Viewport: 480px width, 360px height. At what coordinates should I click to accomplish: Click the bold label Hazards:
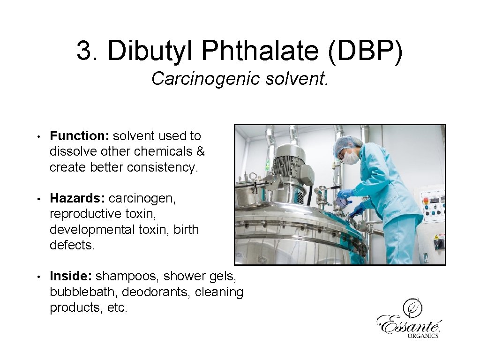coord(77,198)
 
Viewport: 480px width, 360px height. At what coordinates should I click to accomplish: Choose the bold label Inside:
coord(71,277)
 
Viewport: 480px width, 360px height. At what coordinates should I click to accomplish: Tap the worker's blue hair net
coord(347,142)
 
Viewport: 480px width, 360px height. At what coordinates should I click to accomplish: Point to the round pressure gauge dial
coord(341,202)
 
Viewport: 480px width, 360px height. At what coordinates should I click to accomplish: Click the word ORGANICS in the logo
coord(423,335)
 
